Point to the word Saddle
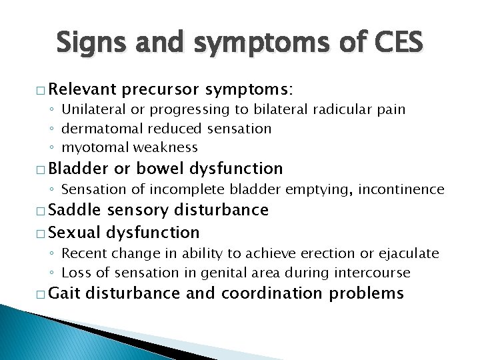coord(73,211)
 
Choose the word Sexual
coord(73,232)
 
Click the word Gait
coord(63,293)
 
